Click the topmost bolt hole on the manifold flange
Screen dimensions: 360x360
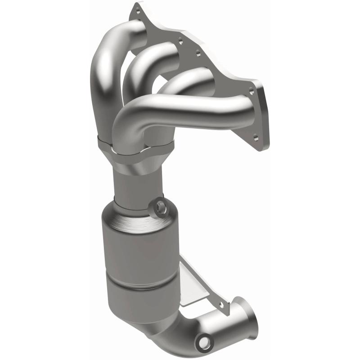pyautogui.click(x=138, y=16)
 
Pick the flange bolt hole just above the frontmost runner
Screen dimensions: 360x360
pyautogui.click(x=252, y=91)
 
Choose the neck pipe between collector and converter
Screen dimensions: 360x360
pyautogui.click(x=135, y=189)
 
